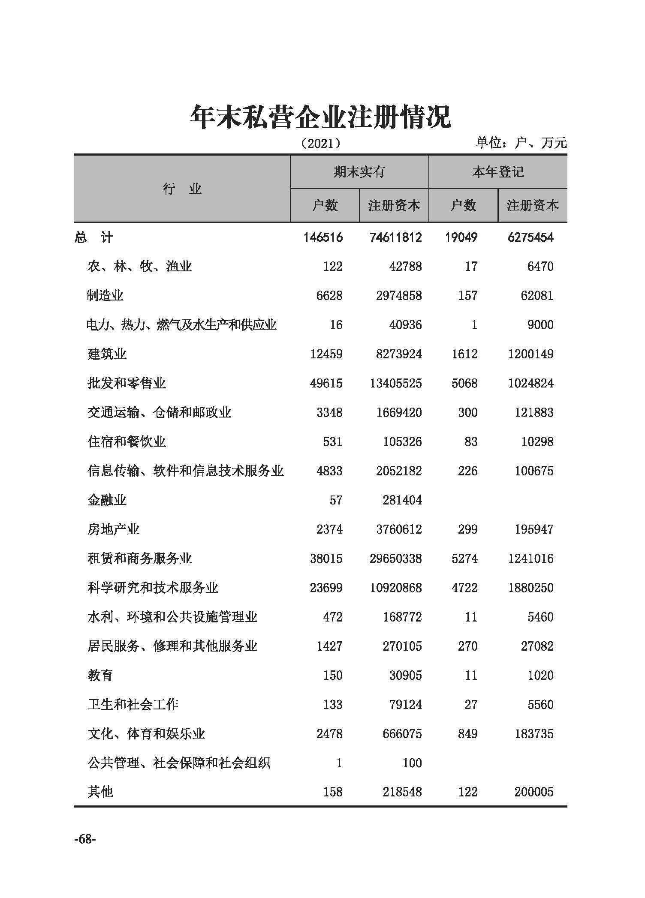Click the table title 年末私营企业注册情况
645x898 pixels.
point(321,117)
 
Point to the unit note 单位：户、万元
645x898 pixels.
point(521,143)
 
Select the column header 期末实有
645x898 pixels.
point(359,172)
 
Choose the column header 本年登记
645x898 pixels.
point(498,172)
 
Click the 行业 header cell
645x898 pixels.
point(182,189)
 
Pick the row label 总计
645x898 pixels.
point(94,237)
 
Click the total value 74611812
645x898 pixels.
point(395,237)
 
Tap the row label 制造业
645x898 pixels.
point(105,296)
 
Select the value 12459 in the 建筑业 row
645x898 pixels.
point(326,354)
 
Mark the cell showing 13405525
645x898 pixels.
point(395,383)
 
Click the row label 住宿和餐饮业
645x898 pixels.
point(127,441)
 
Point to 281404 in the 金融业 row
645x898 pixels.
point(402,500)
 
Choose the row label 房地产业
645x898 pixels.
point(114,529)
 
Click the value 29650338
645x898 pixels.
point(395,559)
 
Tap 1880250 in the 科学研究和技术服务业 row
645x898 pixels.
point(531,588)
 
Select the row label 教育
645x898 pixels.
point(100,676)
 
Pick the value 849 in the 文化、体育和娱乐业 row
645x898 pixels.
point(467,734)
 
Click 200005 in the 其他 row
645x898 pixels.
point(534,792)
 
